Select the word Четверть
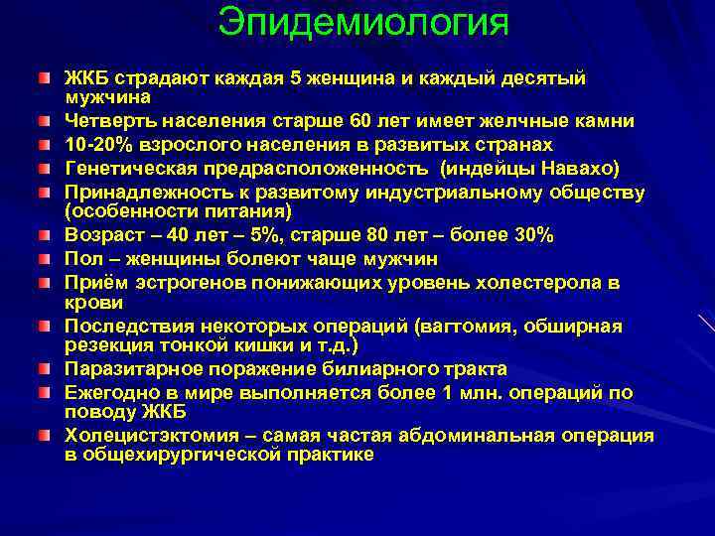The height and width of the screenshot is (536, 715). pyautogui.click(x=106, y=120)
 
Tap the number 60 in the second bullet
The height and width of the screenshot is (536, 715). pyautogui.click(x=362, y=120)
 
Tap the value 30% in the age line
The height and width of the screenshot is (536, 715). pyautogui.click(x=532, y=235)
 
